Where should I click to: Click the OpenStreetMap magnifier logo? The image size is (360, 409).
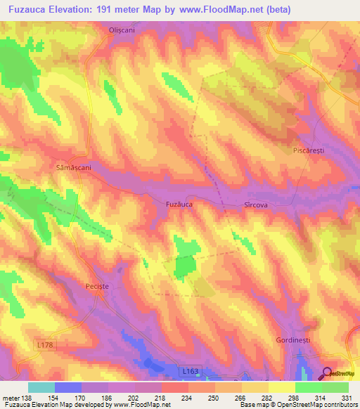click(x=328, y=373)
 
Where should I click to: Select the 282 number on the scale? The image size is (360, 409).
click(x=268, y=397)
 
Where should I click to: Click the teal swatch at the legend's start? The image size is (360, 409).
click(x=41, y=387)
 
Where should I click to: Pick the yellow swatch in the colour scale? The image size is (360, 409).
click(x=281, y=387)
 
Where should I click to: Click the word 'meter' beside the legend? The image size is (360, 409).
click(x=11, y=397)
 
